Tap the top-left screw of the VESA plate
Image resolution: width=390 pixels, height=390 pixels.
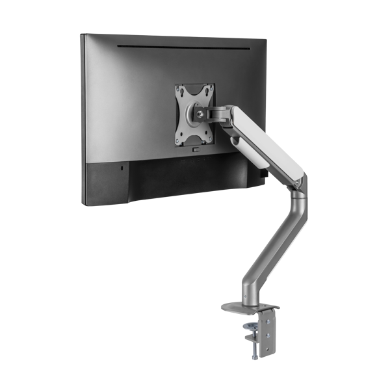point(182,90)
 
